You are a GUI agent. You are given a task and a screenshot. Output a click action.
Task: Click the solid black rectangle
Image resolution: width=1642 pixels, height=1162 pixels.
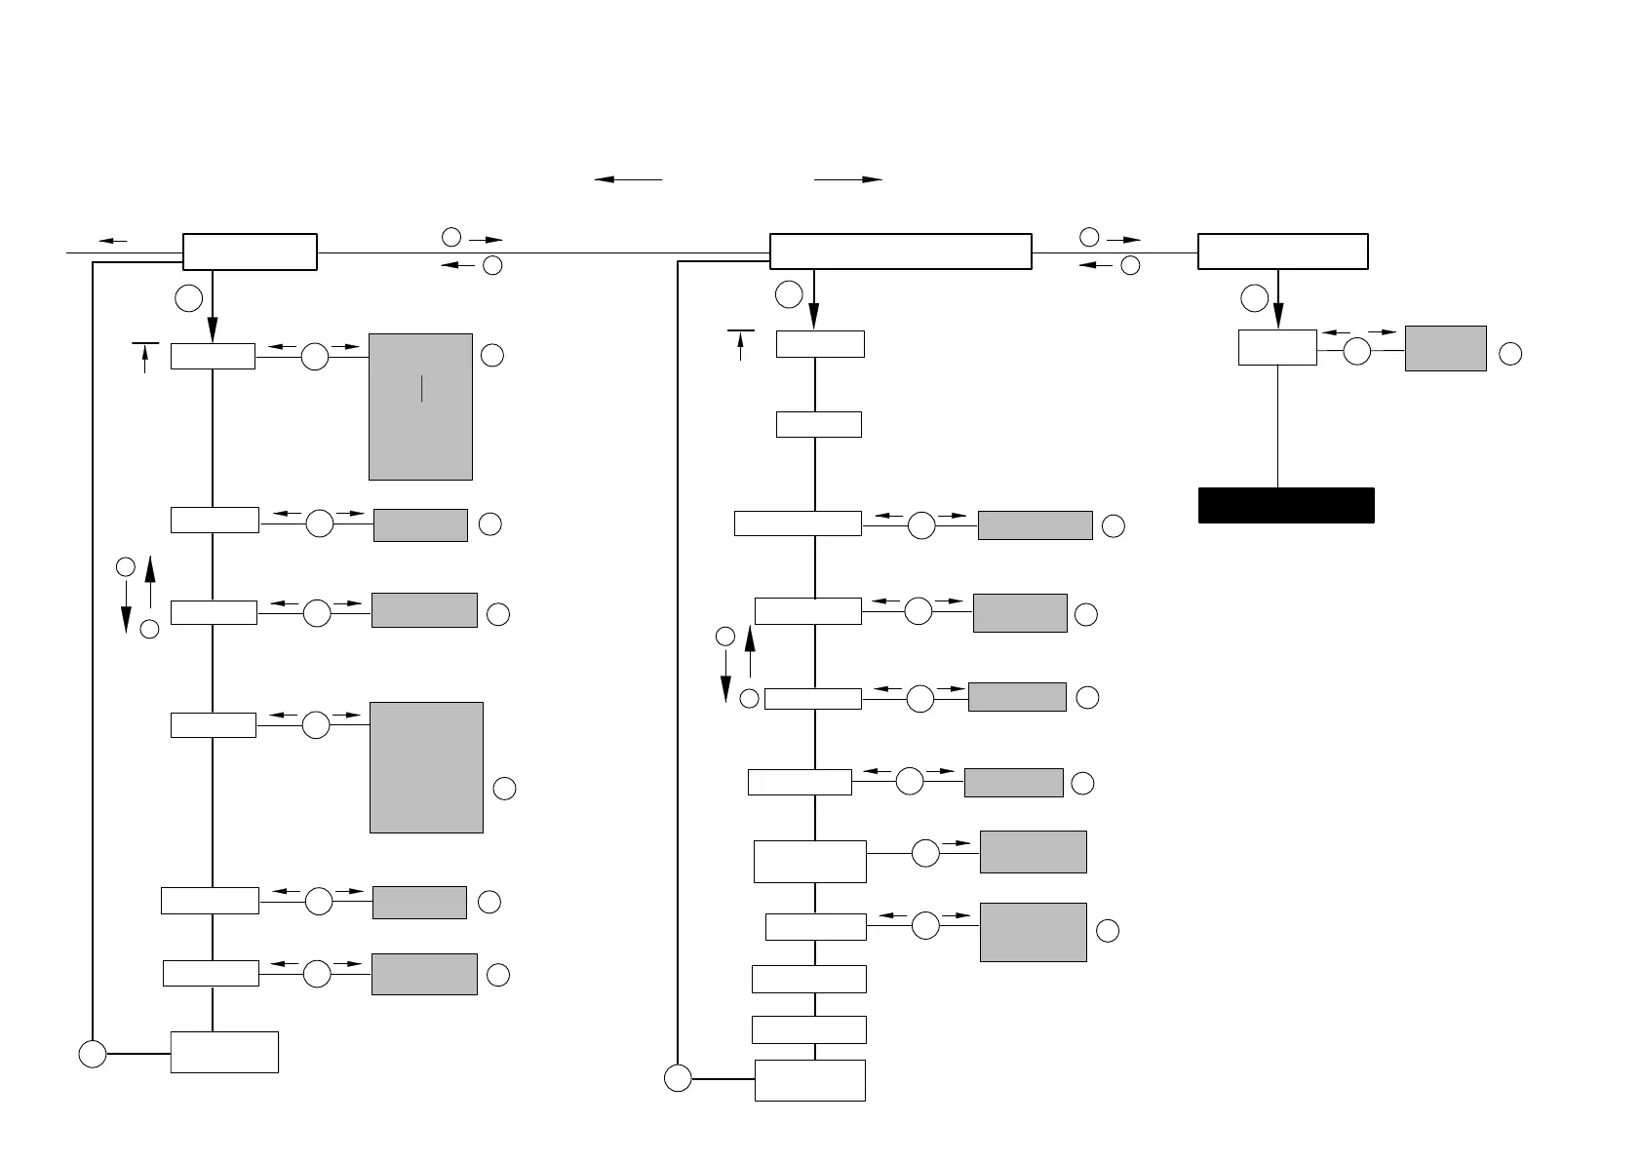(x=1285, y=505)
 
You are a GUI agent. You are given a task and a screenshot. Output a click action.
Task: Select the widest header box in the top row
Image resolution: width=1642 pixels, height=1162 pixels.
(x=900, y=252)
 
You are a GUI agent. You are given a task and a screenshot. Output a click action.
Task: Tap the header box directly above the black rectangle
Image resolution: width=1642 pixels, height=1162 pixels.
(x=1282, y=252)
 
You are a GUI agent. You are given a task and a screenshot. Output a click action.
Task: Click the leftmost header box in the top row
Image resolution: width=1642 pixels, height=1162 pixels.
(x=250, y=252)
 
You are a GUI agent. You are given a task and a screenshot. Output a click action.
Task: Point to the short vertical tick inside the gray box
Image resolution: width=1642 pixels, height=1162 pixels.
(x=421, y=388)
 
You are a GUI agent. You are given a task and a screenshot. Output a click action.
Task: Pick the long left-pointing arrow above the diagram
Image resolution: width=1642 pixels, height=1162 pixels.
(x=628, y=179)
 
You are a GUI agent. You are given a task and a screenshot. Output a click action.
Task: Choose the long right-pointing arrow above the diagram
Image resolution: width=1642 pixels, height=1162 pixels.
(x=847, y=179)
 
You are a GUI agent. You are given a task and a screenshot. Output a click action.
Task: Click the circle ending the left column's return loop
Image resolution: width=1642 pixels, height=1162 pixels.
(x=93, y=1054)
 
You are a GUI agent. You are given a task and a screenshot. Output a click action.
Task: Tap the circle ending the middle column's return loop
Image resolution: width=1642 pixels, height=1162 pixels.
(x=678, y=1079)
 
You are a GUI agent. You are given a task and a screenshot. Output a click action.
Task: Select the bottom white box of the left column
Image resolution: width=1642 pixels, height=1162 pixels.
(x=224, y=1052)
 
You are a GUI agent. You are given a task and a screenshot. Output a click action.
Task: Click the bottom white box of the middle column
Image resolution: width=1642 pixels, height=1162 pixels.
(x=809, y=1080)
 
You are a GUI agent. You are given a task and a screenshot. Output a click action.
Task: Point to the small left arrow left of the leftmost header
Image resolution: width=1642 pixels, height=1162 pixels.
(x=113, y=240)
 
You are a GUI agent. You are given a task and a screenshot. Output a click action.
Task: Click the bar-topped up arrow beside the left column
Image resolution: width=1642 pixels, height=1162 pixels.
(x=145, y=357)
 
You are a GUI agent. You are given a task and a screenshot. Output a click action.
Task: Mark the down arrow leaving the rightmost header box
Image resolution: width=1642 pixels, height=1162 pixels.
(x=1277, y=302)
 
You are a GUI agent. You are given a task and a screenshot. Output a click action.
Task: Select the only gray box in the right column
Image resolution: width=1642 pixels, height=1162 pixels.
(x=1445, y=348)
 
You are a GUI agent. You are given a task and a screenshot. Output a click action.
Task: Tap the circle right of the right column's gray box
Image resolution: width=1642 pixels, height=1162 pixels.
(x=1510, y=354)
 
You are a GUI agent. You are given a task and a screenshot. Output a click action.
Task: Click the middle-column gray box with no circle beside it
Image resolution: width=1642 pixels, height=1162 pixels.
(x=1033, y=852)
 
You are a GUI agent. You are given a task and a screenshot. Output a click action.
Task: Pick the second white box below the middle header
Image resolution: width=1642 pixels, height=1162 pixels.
(x=818, y=424)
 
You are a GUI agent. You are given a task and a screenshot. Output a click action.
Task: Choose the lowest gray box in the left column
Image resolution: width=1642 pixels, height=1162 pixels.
(x=424, y=974)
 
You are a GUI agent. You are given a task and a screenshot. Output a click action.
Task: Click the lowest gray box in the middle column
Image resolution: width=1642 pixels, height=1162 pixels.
(x=1033, y=932)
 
